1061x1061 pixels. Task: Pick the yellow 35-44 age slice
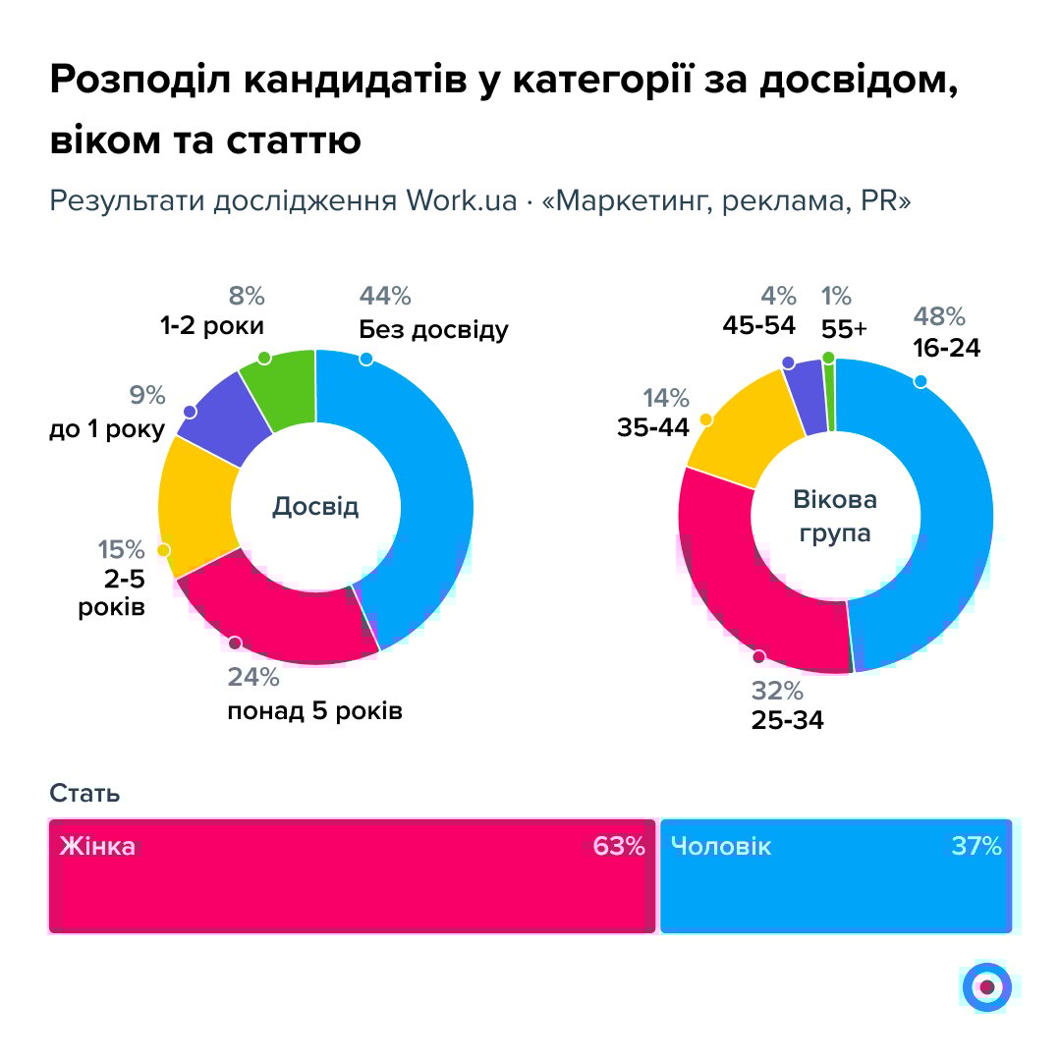click(x=743, y=438)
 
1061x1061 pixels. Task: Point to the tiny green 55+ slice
click(x=829, y=395)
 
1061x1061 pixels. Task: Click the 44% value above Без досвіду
click(x=385, y=296)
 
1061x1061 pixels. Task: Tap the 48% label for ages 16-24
click(x=940, y=316)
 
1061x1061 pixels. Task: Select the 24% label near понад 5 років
click(x=253, y=678)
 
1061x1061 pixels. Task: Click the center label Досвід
click(x=315, y=507)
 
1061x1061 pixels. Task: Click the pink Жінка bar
click(x=352, y=876)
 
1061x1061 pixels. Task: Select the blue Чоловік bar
click(x=835, y=876)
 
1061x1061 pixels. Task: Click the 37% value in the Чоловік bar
click(x=977, y=846)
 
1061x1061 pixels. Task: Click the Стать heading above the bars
click(x=84, y=793)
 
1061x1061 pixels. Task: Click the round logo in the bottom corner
click(x=986, y=986)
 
